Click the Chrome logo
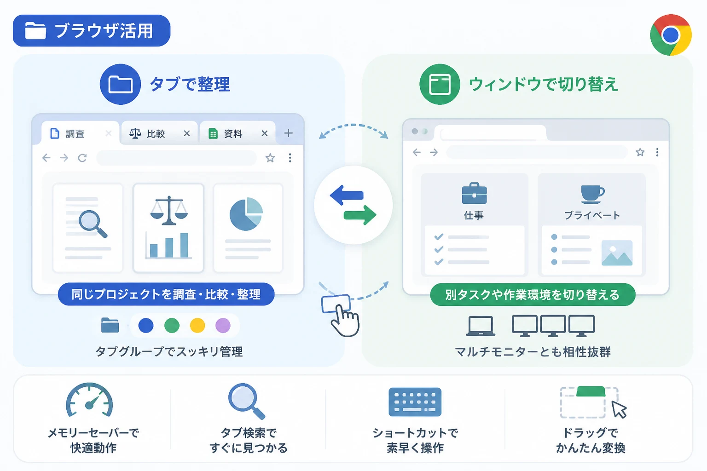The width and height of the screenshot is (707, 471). [x=671, y=34]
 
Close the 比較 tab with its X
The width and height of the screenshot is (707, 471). [x=186, y=133]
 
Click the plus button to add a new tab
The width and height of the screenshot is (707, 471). [x=288, y=133]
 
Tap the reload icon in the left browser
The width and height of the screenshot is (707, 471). [x=82, y=158]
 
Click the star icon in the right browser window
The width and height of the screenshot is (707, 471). [x=640, y=152]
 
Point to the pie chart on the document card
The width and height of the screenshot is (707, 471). [x=246, y=214]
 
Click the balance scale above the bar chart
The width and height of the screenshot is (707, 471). [x=169, y=210]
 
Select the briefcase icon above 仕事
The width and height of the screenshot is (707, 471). [x=474, y=193]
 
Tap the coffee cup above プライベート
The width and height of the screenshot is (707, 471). [x=592, y=194]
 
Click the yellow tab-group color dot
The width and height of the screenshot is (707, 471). [x=197, y=325]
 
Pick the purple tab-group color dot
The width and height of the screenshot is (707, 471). [x=223, y=325]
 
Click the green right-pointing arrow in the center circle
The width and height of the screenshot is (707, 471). [x=360, y=215]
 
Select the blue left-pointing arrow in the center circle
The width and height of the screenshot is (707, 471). [x=347, y=195]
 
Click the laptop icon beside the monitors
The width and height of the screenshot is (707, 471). [x=481, y=326]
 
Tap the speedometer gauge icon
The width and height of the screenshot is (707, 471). [x=90, y=400]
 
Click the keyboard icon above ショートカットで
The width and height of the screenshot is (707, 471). [x=415, y=402]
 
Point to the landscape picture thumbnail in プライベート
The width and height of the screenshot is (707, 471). [x=617, y=253]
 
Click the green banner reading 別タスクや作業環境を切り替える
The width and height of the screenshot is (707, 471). [x=533, y=295]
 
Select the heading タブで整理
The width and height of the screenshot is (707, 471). [x=190, y=85]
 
